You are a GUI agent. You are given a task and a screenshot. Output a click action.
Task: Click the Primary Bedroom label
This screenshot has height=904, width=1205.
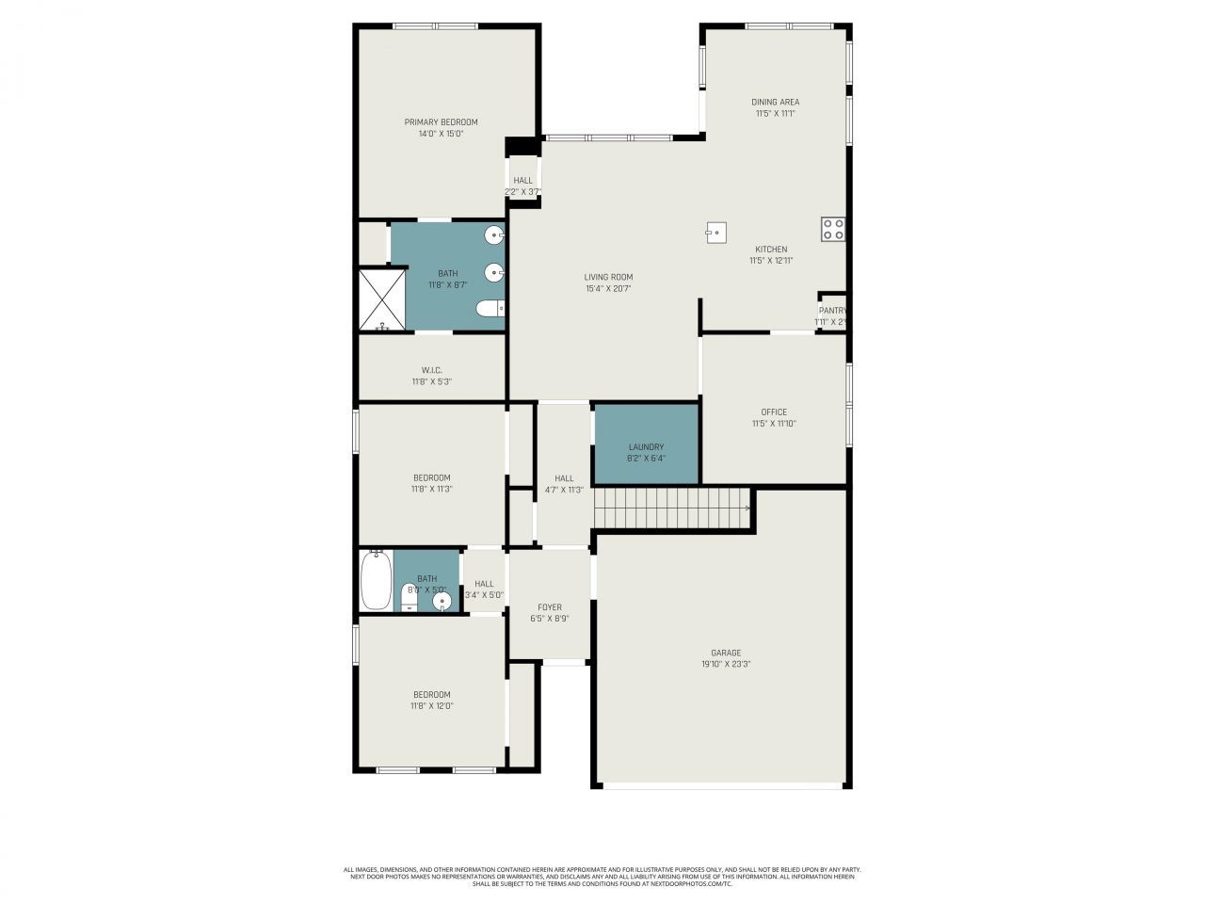(441, 122)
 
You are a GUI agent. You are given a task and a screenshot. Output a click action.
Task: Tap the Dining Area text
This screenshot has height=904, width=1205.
(775, 102)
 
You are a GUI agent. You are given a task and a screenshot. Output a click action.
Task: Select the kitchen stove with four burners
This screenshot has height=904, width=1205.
(832, 229)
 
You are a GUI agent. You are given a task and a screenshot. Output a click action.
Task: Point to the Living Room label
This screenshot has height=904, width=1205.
(607, 277)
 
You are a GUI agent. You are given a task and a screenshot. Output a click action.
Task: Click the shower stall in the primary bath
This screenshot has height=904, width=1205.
(382, 299)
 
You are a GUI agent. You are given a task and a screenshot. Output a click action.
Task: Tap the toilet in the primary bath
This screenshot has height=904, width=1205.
(490, 308)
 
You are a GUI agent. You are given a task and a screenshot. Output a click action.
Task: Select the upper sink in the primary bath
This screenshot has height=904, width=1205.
(494, 235)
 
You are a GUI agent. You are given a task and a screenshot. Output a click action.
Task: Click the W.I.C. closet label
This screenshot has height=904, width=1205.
(431, 370)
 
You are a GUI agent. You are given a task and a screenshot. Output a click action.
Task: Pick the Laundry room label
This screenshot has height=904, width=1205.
(646, 447)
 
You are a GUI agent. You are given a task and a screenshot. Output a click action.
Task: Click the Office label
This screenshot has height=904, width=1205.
(774, 412)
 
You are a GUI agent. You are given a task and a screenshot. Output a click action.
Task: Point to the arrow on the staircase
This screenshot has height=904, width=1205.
(747, 509)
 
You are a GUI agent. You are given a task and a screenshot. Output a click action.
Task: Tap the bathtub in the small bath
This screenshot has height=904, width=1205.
(376, 580)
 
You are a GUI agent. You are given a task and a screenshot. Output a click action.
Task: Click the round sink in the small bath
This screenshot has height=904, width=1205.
(441, 600)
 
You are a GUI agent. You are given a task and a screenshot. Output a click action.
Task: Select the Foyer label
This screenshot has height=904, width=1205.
(549, 607)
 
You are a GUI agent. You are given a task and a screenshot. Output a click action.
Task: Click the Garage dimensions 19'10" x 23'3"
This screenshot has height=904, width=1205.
(725, 665)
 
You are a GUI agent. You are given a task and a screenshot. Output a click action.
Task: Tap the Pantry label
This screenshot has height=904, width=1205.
(832, 310)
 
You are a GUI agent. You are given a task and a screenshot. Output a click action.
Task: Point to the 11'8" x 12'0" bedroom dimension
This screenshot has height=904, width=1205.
(431, 706)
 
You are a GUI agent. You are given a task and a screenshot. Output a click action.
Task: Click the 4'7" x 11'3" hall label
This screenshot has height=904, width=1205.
(564, 490)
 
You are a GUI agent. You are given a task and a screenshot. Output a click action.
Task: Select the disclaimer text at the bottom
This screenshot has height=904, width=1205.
(602, 877)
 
